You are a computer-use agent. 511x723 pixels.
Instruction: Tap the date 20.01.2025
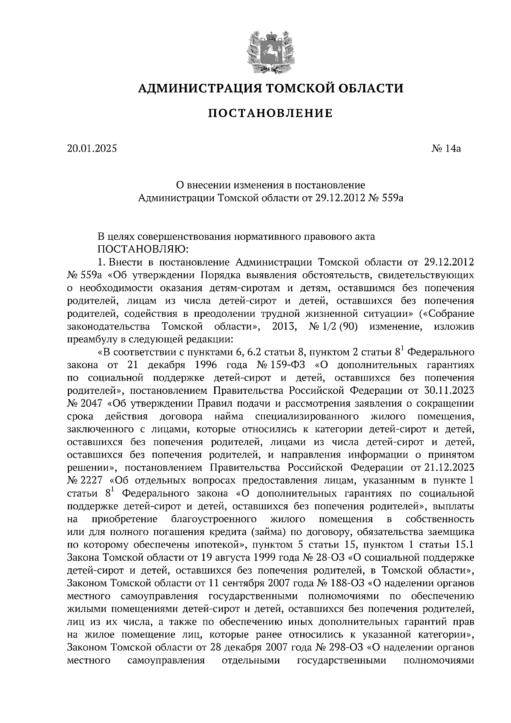coord(92,149)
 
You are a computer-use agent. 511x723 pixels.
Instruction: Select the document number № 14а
coord(446,149)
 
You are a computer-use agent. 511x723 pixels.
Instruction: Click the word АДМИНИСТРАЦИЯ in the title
coord(199,89)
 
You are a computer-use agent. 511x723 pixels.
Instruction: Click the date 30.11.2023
coord(450,390)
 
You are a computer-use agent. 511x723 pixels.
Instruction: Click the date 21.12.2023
coord(450,468)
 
